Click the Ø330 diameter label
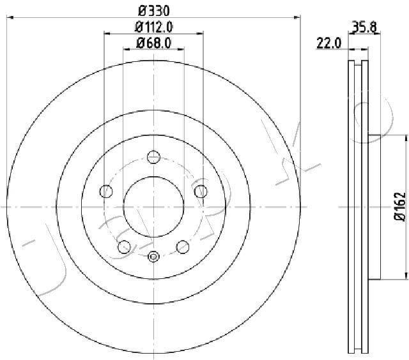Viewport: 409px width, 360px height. tap(154, 11)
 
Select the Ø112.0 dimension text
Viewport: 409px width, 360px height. tap(153, 27)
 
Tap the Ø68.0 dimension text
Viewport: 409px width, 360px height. tap(153, 43)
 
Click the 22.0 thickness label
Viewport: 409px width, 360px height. tap(328, 43)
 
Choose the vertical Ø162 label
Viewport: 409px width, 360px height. tap(400, 207)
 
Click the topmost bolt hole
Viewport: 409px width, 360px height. tap(153, 157)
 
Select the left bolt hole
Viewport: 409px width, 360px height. tap(106, 191)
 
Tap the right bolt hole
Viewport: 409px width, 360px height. tap(201, 191)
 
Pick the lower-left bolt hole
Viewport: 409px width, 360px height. tap(124, 247)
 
